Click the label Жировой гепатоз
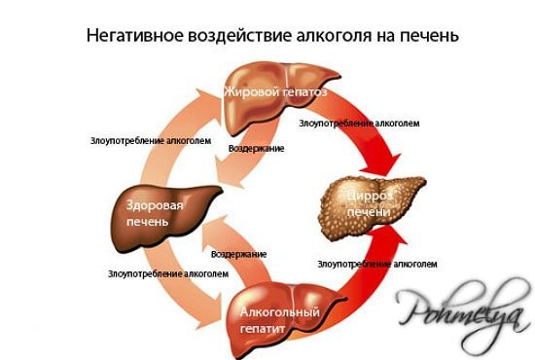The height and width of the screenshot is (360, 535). click(x=275, y=92)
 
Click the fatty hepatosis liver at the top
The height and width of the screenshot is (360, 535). click(x=277, y=97)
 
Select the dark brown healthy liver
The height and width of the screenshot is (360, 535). click(x=146, y=209)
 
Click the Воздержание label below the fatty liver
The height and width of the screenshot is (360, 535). click(x=256, y=148)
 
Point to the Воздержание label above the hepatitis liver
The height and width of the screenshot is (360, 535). click(x=238, y=253)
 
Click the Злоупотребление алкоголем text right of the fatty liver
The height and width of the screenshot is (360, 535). click(x=358, y=124)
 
